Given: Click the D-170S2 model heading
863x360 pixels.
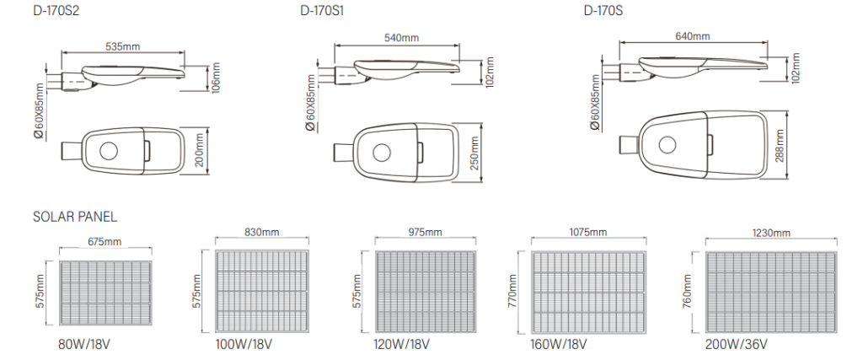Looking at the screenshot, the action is pos(56,10).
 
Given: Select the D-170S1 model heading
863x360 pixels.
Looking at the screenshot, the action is pos(322,10).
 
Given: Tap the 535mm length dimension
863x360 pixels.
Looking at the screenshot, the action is pos(123,46).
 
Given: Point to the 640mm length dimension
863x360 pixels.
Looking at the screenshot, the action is pos(693,36).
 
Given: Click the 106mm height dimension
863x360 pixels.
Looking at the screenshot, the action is pos(216,77).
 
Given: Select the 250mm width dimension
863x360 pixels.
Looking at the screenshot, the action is pos(474,153).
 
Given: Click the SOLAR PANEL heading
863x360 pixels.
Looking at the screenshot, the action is pos(75,217).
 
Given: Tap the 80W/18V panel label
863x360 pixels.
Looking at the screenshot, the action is pos(84,345).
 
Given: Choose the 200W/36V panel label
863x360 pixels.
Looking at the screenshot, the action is pos(736,345).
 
